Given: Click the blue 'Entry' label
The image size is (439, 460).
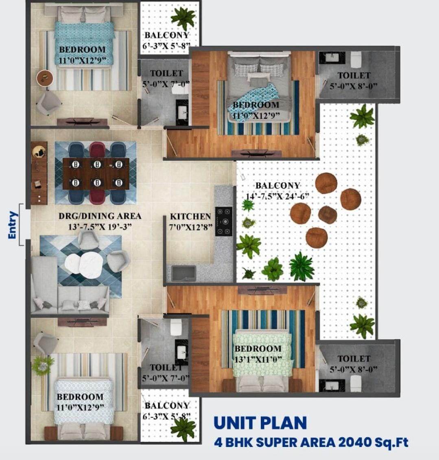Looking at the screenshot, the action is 13,225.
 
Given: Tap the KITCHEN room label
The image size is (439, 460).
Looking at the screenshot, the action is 191,217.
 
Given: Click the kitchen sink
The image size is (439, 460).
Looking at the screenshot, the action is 183,273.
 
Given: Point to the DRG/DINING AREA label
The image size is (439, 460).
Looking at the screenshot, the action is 100,216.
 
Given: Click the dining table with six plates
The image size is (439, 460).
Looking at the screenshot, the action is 96,174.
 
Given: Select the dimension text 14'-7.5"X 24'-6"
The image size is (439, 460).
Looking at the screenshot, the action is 277,196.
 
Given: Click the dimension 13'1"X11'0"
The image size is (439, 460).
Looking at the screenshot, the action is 258,359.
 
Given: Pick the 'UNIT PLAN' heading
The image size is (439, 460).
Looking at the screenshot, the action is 260,423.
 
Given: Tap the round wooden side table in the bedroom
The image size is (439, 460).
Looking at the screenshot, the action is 45,78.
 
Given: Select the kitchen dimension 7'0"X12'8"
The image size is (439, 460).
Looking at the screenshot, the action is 191,227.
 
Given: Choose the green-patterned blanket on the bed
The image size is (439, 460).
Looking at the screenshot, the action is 262,353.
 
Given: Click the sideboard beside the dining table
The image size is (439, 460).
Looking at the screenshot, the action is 39,173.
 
